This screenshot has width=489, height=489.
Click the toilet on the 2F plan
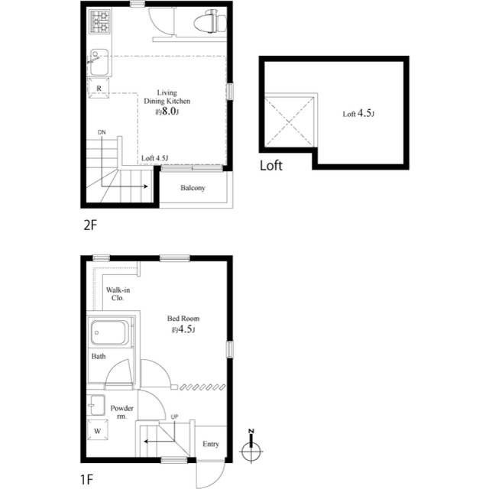211,21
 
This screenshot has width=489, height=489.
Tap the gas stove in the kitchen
100,21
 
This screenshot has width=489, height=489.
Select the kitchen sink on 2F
99,62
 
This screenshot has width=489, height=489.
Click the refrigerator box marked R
99,89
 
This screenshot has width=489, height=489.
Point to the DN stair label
102,132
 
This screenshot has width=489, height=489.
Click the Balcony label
193,188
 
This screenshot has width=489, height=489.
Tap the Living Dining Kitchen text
167,97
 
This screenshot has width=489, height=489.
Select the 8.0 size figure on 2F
169,112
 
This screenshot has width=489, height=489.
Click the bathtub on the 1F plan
109,332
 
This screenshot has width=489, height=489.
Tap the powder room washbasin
97,405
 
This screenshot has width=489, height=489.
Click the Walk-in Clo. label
118,293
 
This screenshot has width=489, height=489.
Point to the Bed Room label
183,319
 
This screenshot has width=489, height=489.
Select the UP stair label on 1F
174,416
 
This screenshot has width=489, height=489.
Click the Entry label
211,444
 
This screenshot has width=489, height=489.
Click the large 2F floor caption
90,225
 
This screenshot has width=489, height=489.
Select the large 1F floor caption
87,480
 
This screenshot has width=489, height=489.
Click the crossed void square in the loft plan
290,121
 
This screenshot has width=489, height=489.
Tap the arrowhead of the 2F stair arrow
146,186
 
